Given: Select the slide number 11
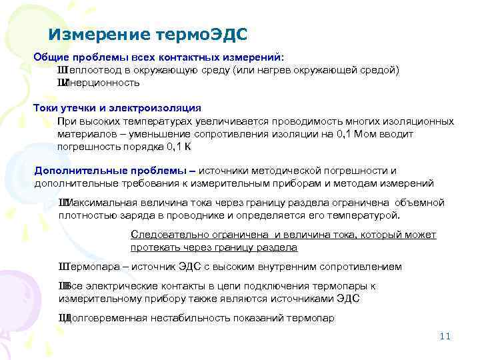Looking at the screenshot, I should pyautogui.click(x=445, y=336).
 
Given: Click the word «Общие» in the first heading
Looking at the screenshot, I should pyautogui.click(x=49, y=57).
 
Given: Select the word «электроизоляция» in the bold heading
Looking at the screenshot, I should pyautogui.click(x=162, y=108).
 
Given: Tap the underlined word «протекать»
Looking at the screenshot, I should pyautogui.click(x=155, y=247).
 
